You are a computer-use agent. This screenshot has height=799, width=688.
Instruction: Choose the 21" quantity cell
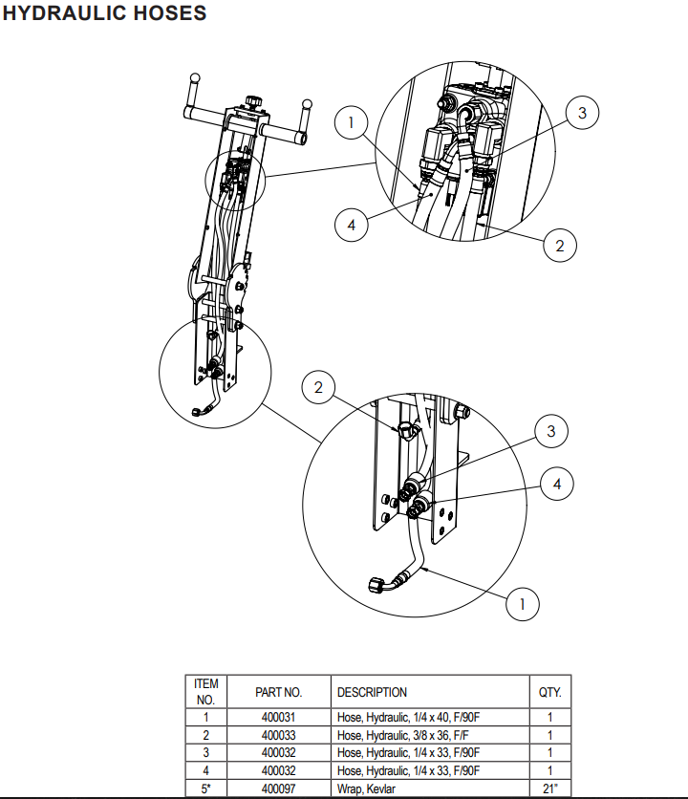(549, 788)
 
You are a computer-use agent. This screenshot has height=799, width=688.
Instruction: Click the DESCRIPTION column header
(372, 692)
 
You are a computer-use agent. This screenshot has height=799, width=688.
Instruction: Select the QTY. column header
(549, 692)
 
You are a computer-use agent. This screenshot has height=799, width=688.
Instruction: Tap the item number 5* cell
(205, 788)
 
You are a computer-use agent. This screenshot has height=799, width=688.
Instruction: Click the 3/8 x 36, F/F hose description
(407, 736)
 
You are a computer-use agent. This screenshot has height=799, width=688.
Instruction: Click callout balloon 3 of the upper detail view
(582, 113)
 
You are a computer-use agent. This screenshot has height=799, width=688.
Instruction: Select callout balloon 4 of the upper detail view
(352, 226)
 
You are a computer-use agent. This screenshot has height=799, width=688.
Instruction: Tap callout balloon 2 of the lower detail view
(319, 388)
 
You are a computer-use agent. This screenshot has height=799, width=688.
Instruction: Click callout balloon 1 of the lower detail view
(522, 604)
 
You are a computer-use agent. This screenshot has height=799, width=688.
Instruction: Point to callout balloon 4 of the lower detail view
(557, 485)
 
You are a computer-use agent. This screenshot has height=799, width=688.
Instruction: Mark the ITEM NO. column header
(205, 692)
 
